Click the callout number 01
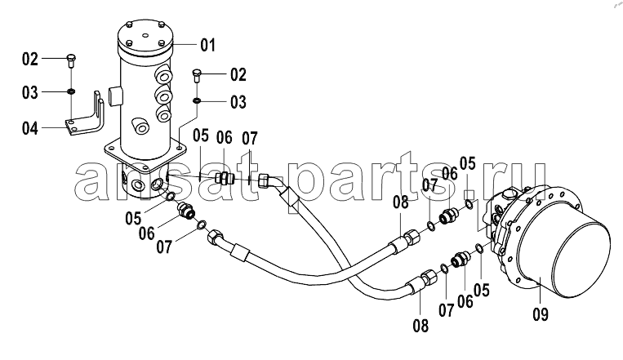207,45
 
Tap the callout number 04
29,128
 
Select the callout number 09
541,314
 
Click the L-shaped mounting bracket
86,114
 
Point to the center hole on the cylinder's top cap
145,35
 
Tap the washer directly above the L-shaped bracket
71,91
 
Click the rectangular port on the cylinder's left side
116,96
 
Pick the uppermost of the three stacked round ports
163,75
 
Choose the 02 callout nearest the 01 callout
238,75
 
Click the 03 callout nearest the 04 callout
29,92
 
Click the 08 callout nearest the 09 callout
421,327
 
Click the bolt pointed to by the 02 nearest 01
197,75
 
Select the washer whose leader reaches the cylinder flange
197,101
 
